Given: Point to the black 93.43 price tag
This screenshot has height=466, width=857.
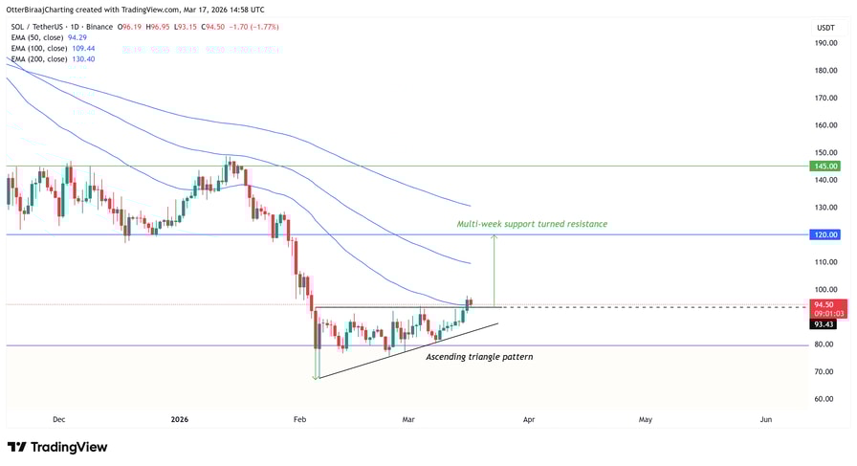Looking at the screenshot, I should [824, 324].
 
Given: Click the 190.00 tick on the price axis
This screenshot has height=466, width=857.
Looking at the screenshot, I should [826, 43].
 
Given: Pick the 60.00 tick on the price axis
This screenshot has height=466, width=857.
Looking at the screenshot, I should [824, 399].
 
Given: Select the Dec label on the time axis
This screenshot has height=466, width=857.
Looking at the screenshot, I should [58, 419].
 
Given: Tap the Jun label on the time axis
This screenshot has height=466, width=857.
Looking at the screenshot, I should [766, 419].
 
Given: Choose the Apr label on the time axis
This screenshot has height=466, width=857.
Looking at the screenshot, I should [528, 419].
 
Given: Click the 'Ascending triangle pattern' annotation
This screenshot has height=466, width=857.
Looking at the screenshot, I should [479, 357].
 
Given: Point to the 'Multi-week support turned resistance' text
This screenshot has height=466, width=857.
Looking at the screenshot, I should [532, 224].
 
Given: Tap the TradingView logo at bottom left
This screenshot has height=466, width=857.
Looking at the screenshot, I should [57, 447].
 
